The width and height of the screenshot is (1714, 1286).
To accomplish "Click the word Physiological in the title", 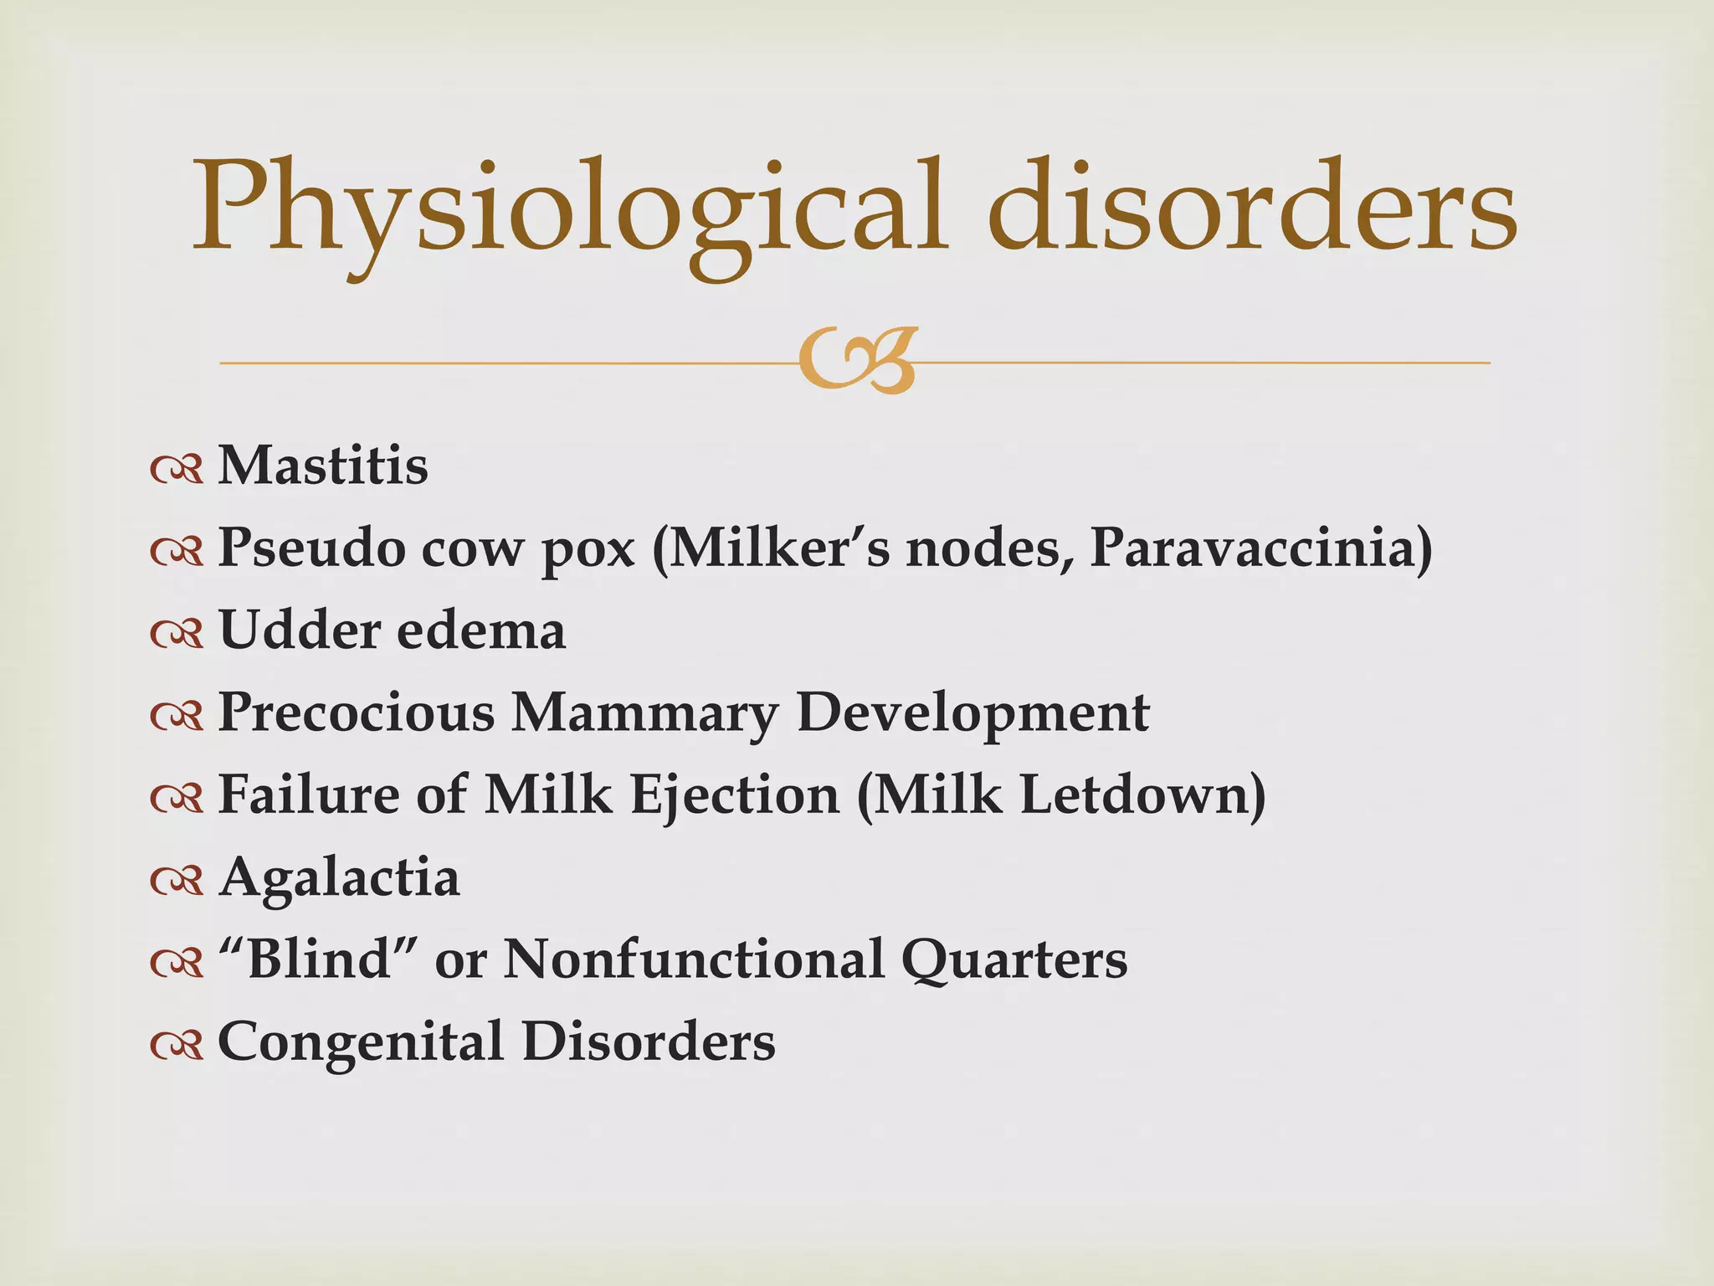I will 569,209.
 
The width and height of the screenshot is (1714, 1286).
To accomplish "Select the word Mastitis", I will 323,466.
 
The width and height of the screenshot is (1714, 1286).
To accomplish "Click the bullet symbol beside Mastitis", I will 177,470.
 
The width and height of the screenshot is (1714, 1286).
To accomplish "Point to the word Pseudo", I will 312,548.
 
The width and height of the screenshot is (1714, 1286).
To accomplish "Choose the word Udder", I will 295,630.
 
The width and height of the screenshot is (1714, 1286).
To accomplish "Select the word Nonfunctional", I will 694,959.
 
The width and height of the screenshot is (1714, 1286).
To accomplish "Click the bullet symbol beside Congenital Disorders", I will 177,1045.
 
